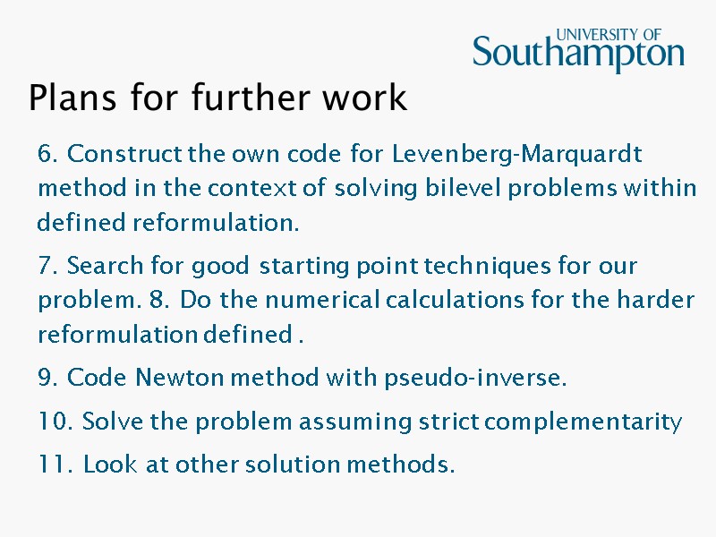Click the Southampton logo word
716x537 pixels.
coord(578,55)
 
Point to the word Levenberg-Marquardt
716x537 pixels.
coord(517,155)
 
